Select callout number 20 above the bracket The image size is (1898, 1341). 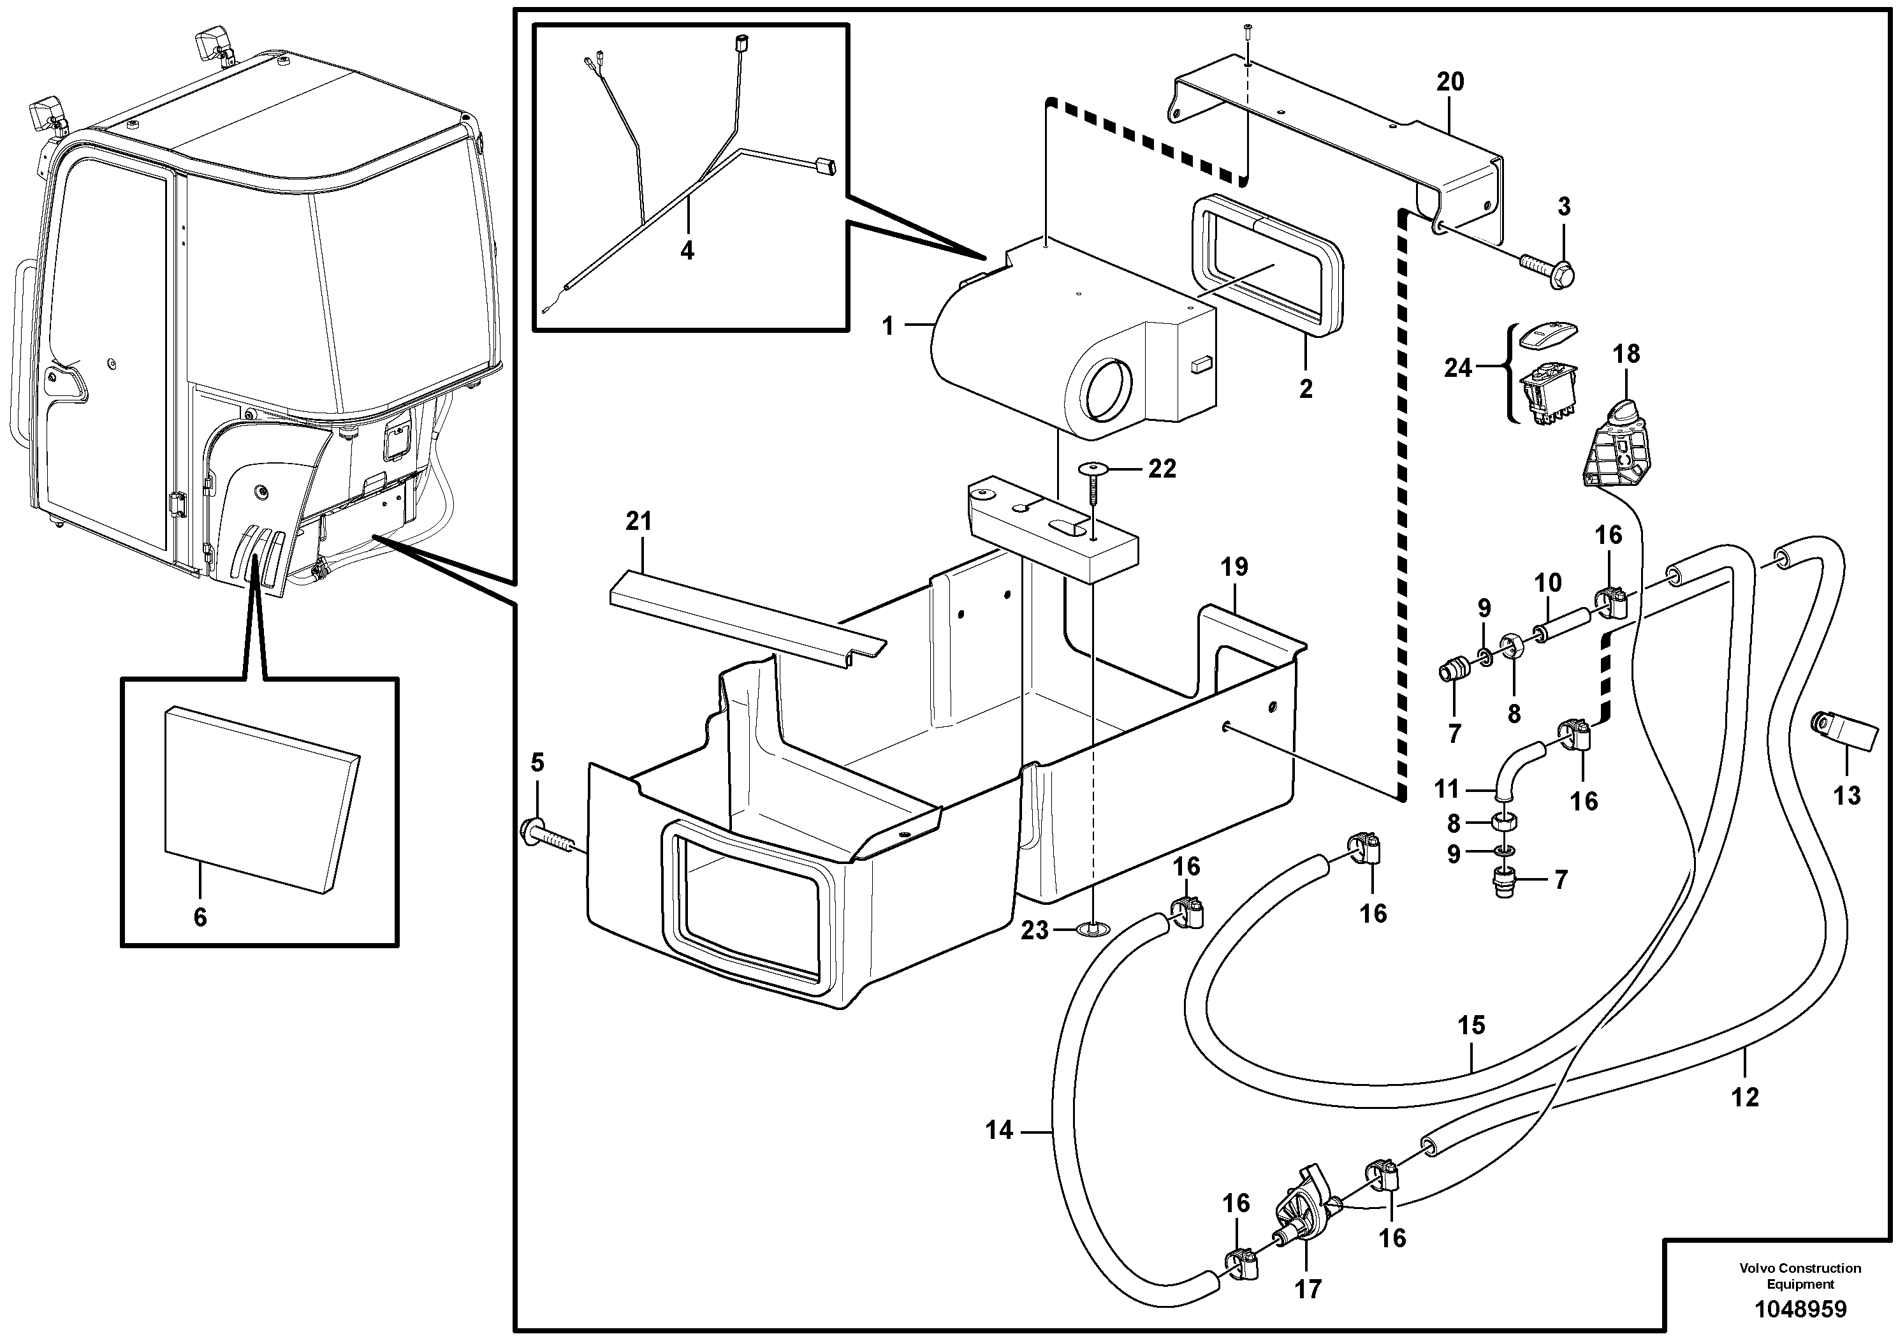[1450, 82]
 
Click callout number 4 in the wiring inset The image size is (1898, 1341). [687, 250]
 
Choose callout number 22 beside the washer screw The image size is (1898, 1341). [1162, 469]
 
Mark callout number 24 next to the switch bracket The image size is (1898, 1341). [1457, 367]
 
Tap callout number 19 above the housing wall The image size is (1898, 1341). [1234, 567]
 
